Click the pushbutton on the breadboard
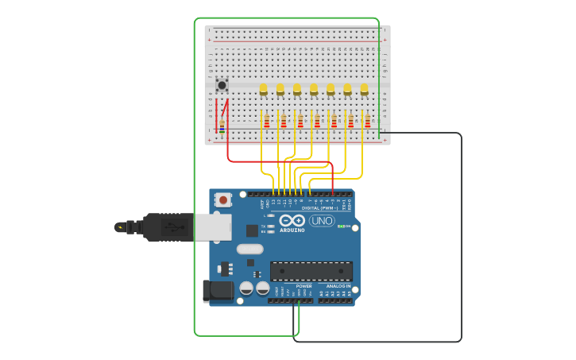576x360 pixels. (222, 85)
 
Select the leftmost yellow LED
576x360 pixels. (264, 88)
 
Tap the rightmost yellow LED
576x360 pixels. (364, 88)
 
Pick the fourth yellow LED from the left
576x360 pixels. (314, 88)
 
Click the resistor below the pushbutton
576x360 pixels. (222, 126)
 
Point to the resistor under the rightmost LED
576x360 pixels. (367, 121)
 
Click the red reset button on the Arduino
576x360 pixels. (223, 200)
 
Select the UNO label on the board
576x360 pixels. (322, 221)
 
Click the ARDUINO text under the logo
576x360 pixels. (292, 230)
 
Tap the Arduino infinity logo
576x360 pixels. (292, 220)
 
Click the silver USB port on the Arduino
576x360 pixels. (212, 226)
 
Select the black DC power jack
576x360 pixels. (217, 291)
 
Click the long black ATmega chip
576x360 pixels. (311, 271)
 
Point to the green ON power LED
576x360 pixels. (340, 226)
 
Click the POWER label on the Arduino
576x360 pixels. (303, 286)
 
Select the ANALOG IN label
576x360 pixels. (338, 286)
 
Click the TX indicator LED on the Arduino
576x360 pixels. (271, 226)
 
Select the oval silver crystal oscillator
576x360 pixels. (249, 249)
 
